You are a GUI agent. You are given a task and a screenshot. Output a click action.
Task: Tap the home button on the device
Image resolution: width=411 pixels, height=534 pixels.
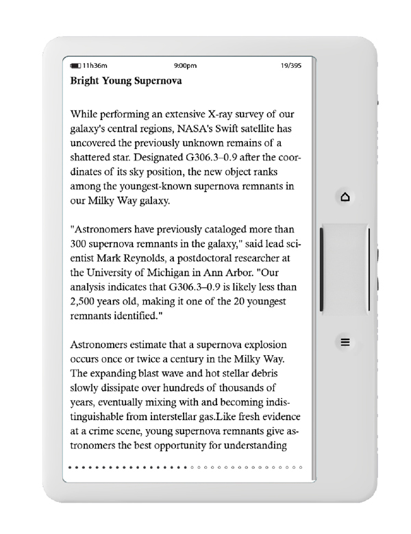[345, 197]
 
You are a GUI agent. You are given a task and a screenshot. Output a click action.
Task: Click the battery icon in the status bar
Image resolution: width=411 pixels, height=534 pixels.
[75, 66]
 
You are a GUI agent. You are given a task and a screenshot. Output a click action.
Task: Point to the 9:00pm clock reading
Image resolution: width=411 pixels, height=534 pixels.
[186, 66]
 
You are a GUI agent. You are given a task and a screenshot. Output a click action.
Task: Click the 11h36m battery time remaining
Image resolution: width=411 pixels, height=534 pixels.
[94, 66]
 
